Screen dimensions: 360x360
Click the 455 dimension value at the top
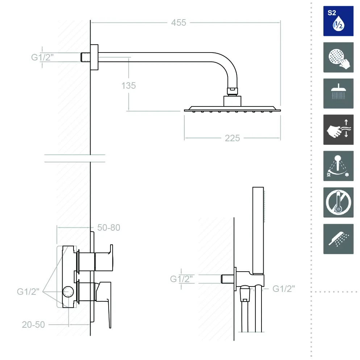point(179,23)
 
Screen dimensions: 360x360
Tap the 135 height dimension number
point(129,85)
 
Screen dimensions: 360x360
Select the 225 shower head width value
point(233,138)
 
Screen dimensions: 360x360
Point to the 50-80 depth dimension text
point(109,227)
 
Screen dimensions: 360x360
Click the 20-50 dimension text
point(33,325)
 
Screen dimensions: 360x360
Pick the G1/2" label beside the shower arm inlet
point(42,57)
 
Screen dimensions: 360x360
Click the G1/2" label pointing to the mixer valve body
point(28,292)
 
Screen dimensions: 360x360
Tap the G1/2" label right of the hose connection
point(284,289)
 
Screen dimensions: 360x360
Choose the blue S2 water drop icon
point(338,21)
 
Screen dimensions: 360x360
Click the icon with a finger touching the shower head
point(338,57)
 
